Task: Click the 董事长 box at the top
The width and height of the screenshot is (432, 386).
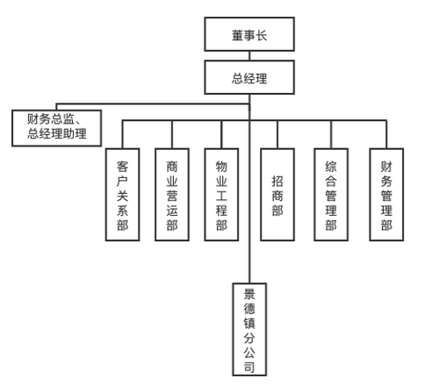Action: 249,34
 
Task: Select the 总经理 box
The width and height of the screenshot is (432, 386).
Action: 249,77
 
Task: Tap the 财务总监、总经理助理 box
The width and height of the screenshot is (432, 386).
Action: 57,128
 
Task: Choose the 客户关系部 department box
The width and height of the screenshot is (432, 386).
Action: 122,195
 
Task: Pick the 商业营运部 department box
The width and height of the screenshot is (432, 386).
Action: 172,195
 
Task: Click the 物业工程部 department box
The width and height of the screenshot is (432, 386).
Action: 221,195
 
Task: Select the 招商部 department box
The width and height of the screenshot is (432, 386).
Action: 277,195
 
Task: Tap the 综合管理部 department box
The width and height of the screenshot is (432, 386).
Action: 331,195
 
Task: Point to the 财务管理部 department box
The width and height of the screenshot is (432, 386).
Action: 386,195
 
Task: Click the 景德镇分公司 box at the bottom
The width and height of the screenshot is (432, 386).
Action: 249,329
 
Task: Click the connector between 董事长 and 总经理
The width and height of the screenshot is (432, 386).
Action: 249,56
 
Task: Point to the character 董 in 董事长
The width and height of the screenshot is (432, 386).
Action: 238,35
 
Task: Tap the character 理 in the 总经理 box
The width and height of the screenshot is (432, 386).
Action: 261,78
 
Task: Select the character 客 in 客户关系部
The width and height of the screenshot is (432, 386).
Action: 122,167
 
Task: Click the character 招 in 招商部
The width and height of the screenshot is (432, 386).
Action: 277,181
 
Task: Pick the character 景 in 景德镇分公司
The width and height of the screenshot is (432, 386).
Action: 249,294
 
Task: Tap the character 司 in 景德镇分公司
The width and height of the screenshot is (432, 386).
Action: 249,367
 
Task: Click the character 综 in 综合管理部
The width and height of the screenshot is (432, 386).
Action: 331,167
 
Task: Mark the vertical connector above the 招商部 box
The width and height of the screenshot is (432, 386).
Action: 277,134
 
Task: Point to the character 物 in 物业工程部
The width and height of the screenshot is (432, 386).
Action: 221,167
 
